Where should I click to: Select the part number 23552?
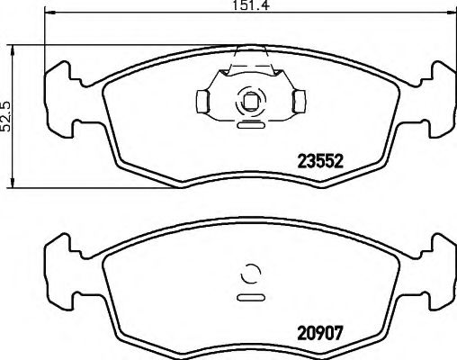pyautogui.click(x=322, y=163)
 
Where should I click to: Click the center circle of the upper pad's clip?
pyautogui.click(x=250, y=102)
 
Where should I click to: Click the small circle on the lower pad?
pyautogui.click(x=251, y=275)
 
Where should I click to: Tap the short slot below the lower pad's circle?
pyautogui.click(x=250, y=296)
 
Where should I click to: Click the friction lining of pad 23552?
pyautogui.click(x=162, y=135)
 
